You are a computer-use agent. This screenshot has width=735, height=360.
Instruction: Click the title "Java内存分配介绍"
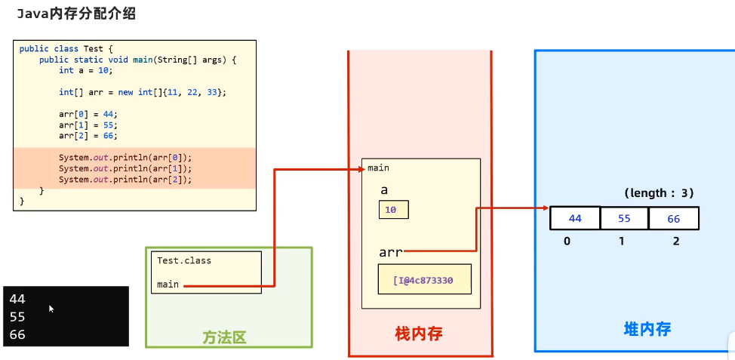[72, 14]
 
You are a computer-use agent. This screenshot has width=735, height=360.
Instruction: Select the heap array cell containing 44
[575, 218]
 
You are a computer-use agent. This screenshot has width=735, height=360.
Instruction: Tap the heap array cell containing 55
[624, 218]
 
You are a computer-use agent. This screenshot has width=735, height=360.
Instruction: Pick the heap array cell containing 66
[673, 218]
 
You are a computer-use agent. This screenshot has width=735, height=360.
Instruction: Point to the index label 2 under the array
[676, 242]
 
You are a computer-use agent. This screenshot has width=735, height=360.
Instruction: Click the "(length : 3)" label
[659, 193]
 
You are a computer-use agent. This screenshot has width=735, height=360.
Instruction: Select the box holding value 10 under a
[393, 209]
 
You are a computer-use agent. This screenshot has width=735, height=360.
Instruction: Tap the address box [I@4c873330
[424, 279]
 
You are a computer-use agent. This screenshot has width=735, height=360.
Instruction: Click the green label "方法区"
[224, 337]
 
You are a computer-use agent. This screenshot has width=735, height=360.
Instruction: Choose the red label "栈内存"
[420, 333]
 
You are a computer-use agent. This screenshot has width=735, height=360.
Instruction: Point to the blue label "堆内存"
[647, 329]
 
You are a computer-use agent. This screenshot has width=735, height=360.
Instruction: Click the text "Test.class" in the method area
[184, 260]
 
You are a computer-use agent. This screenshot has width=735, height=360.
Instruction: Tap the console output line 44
[17, 299]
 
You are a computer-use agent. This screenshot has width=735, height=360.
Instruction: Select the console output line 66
[17, 334]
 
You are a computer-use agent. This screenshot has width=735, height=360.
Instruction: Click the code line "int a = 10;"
[85, 70]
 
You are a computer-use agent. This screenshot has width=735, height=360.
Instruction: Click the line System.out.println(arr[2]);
[125, 180]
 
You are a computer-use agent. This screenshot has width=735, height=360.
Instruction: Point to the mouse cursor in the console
[51, 309]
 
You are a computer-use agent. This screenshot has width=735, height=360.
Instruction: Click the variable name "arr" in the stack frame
[391, 251]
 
